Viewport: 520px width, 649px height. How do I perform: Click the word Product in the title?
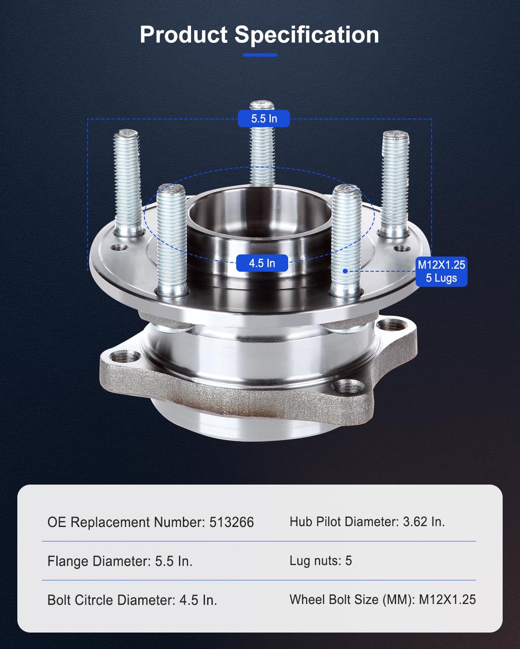pos(183,35)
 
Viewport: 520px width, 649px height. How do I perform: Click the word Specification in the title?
pos(307,35)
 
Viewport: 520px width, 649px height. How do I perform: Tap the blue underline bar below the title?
pos(260,55)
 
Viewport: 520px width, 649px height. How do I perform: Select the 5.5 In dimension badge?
pos(263,119)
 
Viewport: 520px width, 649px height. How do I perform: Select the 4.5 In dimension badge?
pos(262,263)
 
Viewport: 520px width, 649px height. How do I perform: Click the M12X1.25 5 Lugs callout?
pos(441,271)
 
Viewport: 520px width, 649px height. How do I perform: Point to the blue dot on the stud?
pos(345,271)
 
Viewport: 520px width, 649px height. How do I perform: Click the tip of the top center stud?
pos(262,105)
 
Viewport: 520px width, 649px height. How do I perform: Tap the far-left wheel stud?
pos(127,182)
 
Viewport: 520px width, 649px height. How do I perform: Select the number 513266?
pos(231,522)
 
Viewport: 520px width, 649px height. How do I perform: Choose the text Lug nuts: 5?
pos(321,561)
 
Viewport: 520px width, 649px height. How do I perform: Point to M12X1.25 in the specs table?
pos(447,599)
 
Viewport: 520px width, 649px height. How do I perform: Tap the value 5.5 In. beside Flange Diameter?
pos(173,561)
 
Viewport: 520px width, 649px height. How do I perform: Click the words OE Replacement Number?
pos(126,522)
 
